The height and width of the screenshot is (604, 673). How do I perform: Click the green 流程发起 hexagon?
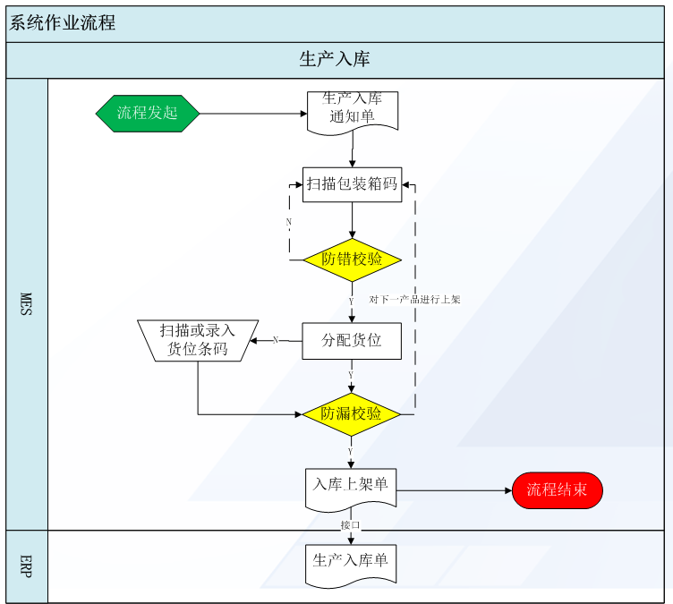point(148,114)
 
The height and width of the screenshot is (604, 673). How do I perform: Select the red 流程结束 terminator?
point(558,490)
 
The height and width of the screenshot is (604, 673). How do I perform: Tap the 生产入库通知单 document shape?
point(353,113)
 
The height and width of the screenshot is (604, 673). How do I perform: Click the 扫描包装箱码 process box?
point(353,184)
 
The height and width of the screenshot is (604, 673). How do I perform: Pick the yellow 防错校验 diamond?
point(352,259)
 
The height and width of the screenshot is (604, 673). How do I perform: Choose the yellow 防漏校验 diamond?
point(352,414)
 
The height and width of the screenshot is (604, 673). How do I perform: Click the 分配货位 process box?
point(352,341)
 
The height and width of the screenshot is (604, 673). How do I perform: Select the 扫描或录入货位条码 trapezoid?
point(198,340)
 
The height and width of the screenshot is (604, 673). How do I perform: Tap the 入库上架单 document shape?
point(351,489)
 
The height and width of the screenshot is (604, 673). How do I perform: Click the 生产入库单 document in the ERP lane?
point(351,566)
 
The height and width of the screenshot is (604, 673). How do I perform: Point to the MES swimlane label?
point(26,304)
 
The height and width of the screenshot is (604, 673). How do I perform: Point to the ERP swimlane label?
point(26,566)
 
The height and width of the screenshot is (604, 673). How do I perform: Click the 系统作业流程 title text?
point(63,22)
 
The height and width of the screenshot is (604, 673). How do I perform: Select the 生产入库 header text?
point(335,59)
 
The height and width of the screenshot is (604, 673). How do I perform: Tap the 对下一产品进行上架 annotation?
point(414,299)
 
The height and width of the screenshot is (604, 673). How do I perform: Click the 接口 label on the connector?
point(350,524)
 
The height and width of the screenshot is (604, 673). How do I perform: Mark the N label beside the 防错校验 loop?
point(289,222)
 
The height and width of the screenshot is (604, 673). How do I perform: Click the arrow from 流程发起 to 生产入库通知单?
point(253,114)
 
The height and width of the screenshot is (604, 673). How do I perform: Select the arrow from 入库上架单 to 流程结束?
point(454,490)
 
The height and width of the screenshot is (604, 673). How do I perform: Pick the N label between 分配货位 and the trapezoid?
point(276,340)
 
